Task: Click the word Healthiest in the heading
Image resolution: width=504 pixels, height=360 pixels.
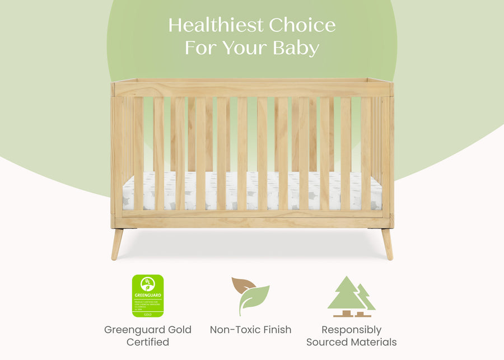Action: point(216,25)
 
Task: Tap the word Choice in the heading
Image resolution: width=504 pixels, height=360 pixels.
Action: point(302,25)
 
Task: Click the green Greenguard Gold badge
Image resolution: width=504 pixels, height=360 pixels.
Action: point(148,296)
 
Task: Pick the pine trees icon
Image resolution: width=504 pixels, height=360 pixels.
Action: point(351,297)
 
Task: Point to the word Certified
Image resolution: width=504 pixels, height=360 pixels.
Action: point(148,342)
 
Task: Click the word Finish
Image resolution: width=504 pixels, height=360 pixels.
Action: point(276,330)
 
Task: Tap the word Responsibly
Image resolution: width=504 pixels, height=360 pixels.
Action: point(351,330)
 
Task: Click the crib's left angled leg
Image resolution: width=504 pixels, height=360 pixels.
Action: point(118,244)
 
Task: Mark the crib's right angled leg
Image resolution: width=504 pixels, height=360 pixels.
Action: point(387,244)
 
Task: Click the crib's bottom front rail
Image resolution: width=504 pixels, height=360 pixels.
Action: point(252,223)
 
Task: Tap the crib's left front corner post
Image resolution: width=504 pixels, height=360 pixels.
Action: point(117,157)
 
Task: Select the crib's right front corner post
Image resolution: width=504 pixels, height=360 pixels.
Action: point(387,157)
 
